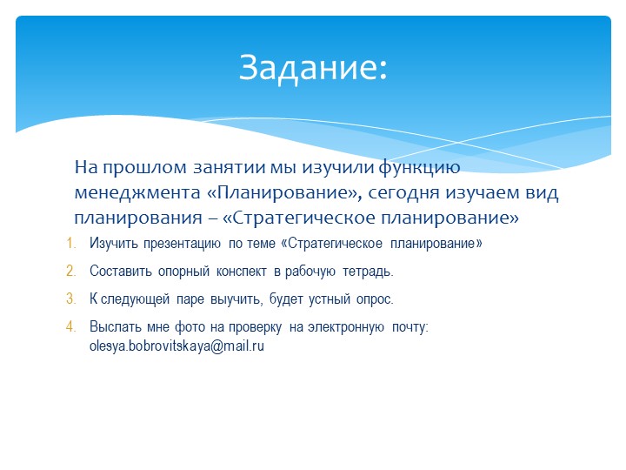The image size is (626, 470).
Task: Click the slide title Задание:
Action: pos(313,67)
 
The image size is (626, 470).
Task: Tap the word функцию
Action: pos(410,166)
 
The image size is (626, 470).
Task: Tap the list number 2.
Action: pos(71,272)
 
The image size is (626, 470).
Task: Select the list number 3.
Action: pos(71,299)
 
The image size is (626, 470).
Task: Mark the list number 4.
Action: pos(71,327)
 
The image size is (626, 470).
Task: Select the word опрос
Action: pos(372,299)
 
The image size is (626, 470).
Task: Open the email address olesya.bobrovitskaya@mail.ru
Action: pos(176,346)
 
